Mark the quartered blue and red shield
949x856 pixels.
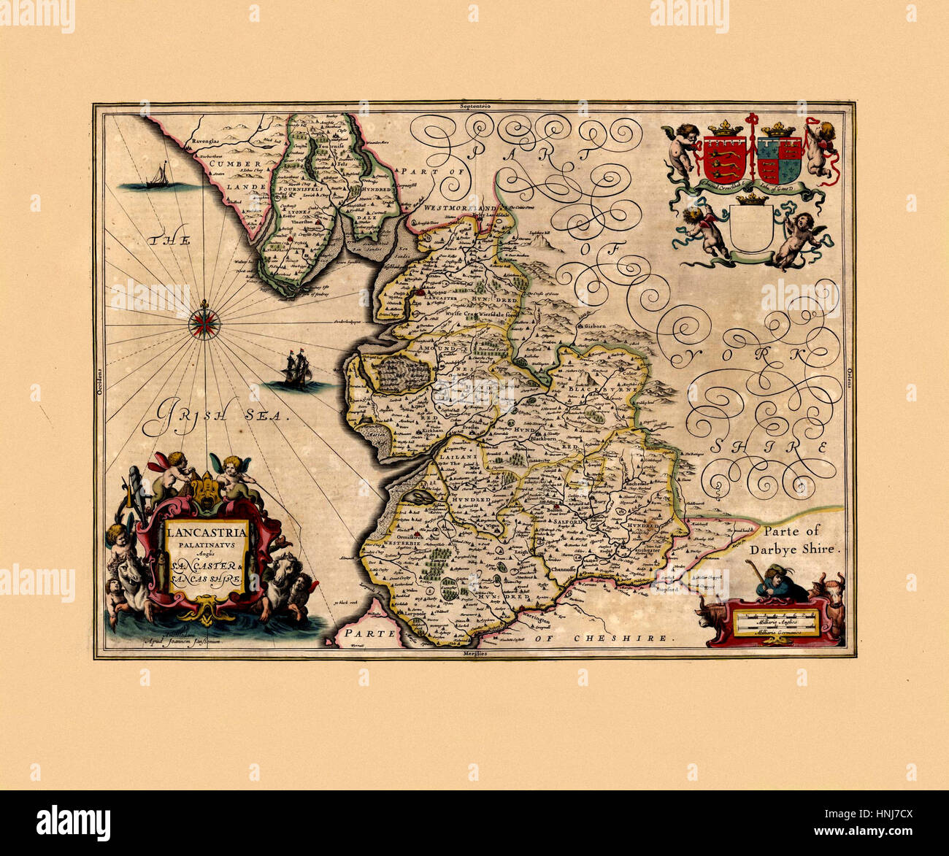point(779,159)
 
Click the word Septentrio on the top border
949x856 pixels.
point(474,106)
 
